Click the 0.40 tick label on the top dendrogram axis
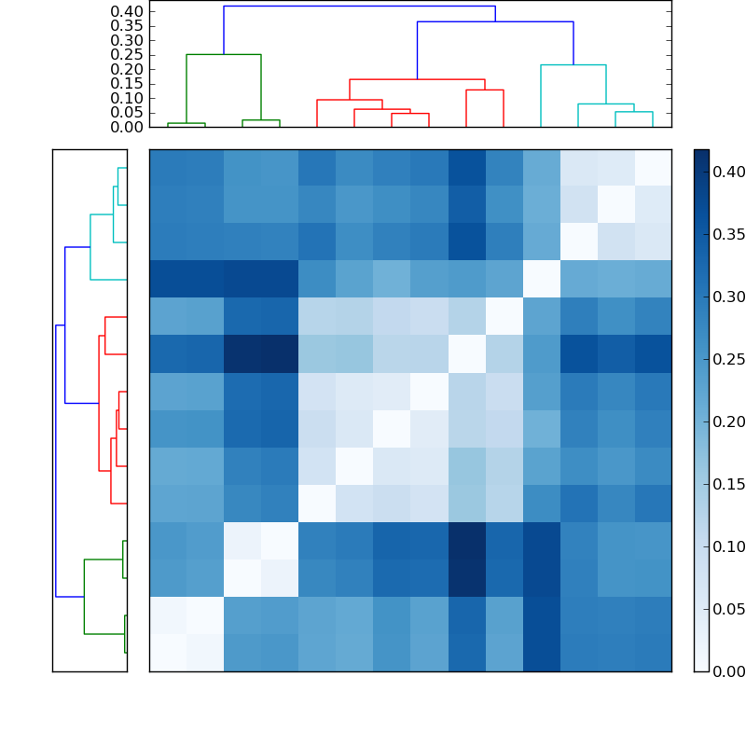tap(127, 11)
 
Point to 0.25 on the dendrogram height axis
tap(127, 55)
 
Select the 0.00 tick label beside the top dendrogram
tap(127, 127)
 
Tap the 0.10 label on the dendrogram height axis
tap(127, 98)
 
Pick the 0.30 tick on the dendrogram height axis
tap(127, 40)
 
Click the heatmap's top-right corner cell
tap(653, 168)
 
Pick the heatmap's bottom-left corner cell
tap(168, 653)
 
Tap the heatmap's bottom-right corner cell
tap(653, 653)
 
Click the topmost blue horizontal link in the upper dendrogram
tap(359, 7)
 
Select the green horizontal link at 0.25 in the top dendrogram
tap(224, 55)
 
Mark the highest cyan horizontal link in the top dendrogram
tap(573, 65)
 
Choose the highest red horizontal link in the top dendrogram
tap(417, 80)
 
